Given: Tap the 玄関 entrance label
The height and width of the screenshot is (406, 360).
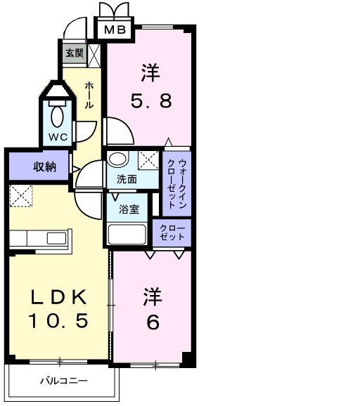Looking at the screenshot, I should [x=75, y=53].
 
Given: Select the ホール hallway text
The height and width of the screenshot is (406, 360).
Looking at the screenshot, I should [x=90, y=94].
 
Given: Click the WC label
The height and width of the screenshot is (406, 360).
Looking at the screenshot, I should [x=58, y=137].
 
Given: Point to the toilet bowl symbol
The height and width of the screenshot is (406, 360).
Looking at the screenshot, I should [x=58, y=114].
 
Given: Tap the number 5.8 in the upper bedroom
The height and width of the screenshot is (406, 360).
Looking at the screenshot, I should [x=150, y=100].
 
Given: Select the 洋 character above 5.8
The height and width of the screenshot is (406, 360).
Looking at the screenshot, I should [x=150, y=72].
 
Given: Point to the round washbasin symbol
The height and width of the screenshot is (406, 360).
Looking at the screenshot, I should [x=119, y=159].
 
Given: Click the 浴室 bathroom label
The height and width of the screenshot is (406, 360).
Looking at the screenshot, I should [x=127, y=209].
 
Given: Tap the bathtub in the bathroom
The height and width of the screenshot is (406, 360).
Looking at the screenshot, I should [x=127, y=233].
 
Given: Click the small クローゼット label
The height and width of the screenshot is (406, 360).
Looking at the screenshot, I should [x=172, y=233].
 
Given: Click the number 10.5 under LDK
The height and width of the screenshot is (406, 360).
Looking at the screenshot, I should [x=58, y=322].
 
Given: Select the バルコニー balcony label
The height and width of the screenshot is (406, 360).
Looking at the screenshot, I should [x=63, y=381].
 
